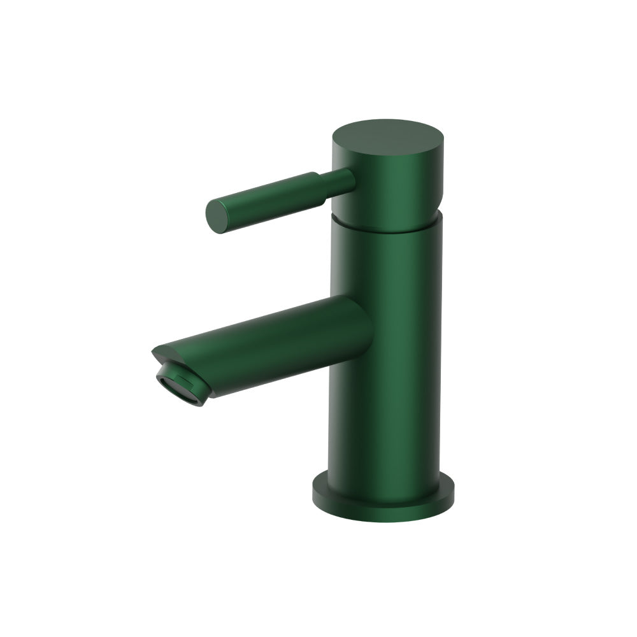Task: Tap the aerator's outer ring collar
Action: point(191,382)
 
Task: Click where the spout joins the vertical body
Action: point(366,331)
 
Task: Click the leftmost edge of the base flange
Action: point(313,492)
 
